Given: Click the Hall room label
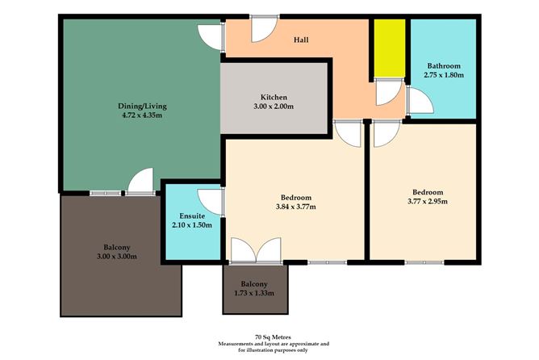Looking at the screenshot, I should (x=301, y=40).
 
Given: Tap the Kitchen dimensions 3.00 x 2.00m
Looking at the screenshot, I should (x=274, y=107).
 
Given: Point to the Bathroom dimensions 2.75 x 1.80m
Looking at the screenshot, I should (x=442, y=75).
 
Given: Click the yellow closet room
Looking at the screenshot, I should (x=389, y=48).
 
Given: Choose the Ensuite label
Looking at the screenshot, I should (x=191, y=215).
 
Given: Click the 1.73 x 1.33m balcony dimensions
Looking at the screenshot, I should (x=256, y=292).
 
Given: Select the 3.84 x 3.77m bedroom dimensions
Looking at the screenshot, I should (x=297, y=207).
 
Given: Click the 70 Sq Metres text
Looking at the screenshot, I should (x=269, y=337).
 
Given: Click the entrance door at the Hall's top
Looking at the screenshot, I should (x=262, y=29).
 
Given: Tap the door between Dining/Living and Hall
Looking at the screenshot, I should (x=211, y=37).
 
